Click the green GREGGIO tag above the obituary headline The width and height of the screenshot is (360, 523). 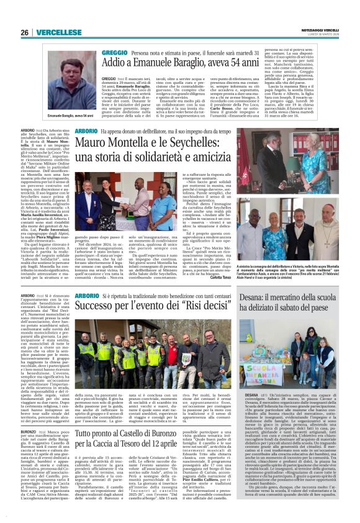click(x=115, y=54)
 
